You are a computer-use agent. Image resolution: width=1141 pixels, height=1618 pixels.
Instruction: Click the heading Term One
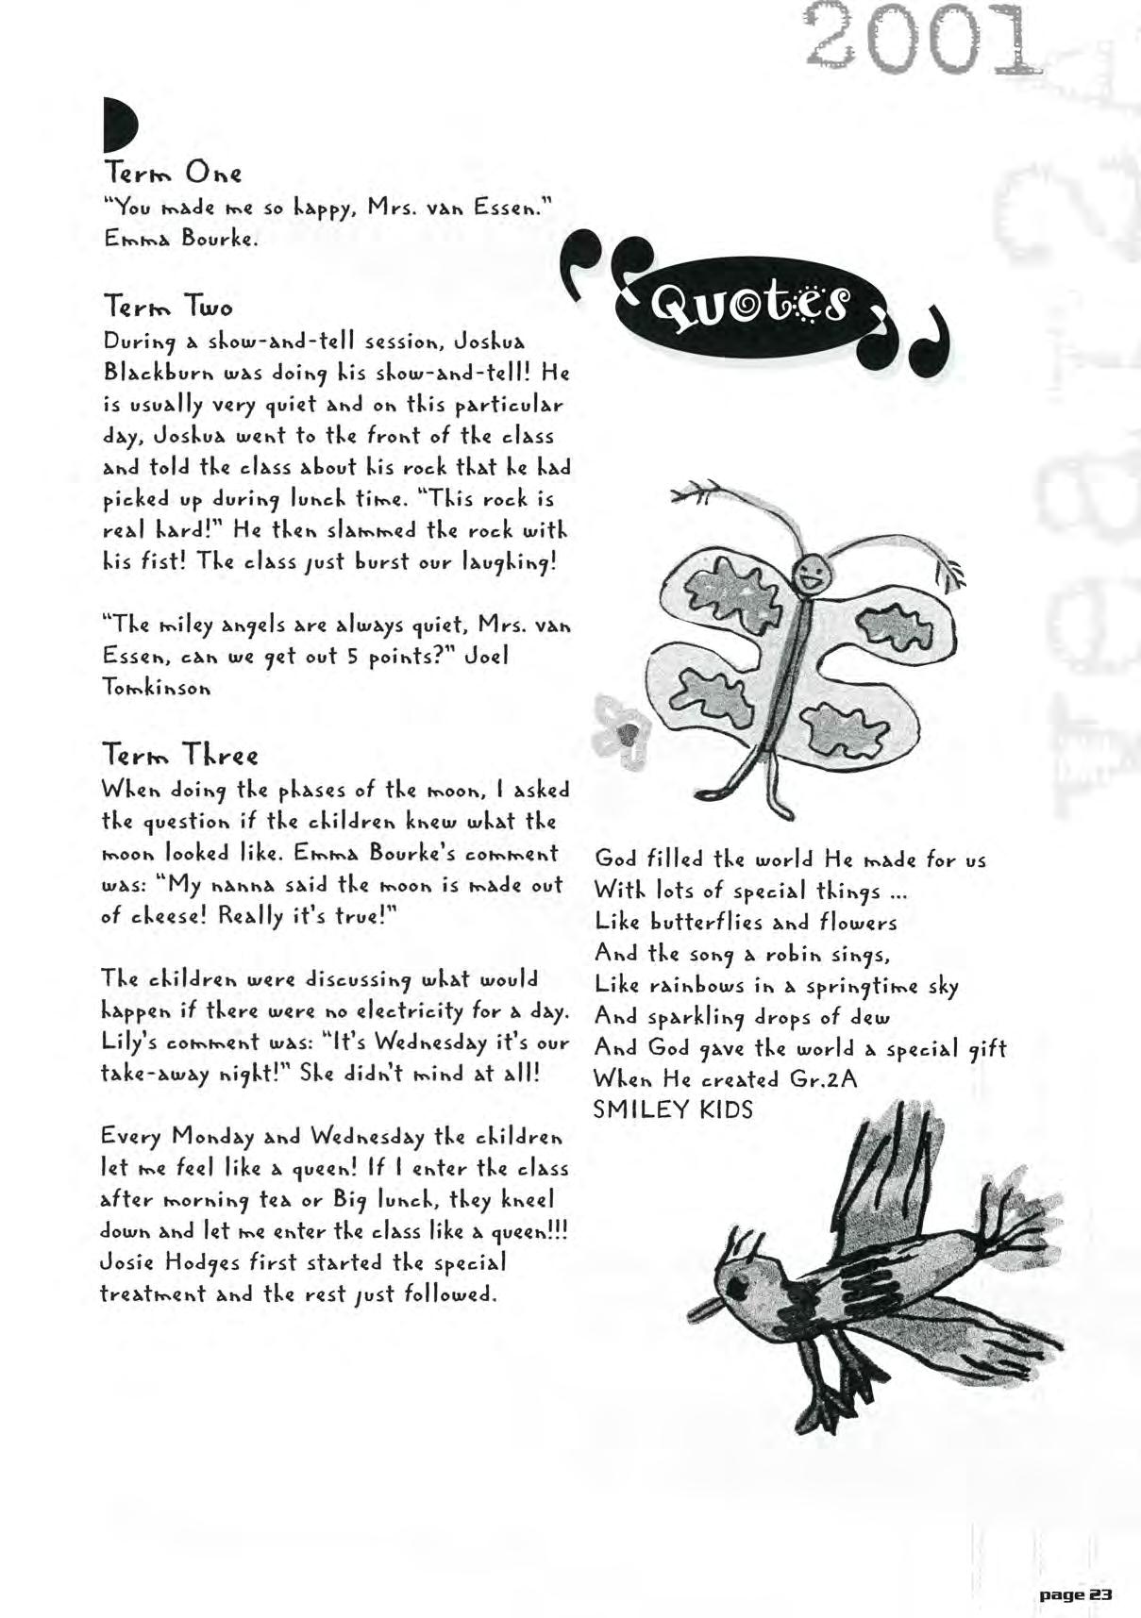[173, 173]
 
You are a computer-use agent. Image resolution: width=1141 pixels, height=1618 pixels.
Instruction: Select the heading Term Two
[168, 307]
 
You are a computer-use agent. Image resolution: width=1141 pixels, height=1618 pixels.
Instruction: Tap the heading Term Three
[179, 755]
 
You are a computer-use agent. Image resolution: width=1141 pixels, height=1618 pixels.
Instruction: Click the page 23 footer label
[1075, 1593]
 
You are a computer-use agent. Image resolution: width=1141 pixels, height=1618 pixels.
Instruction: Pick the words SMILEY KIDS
[673, 1109]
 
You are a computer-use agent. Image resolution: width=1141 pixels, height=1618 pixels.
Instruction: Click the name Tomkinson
[155, 688]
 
